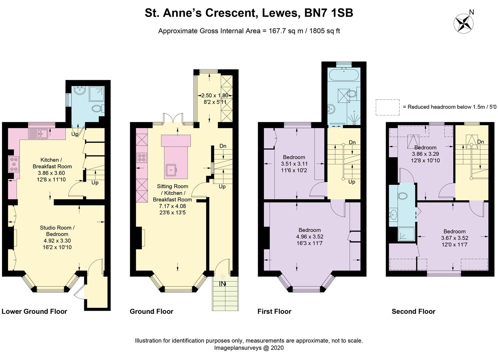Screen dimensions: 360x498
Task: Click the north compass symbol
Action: [464, 23]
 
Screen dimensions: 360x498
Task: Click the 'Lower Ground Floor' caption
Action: [34, 311]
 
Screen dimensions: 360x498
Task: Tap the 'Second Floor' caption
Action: [413, 311]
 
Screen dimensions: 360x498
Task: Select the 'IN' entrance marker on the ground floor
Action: [222, 284]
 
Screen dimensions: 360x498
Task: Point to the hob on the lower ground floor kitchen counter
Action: [14, 164]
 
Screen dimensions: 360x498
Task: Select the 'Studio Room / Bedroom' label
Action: [57, 231]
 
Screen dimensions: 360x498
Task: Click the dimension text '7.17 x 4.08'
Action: [172, 206]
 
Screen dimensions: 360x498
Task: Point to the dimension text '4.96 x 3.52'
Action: [309, 237]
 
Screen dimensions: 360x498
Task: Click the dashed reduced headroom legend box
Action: [387, 107]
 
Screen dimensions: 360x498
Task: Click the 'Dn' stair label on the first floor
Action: [352, 142]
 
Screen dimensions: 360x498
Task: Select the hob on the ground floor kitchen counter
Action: [142, 157]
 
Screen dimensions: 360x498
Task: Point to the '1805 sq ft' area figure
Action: [325, 31]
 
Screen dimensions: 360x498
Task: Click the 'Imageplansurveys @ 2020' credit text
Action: [249, 348]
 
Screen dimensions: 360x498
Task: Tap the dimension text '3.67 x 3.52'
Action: [454, 238]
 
